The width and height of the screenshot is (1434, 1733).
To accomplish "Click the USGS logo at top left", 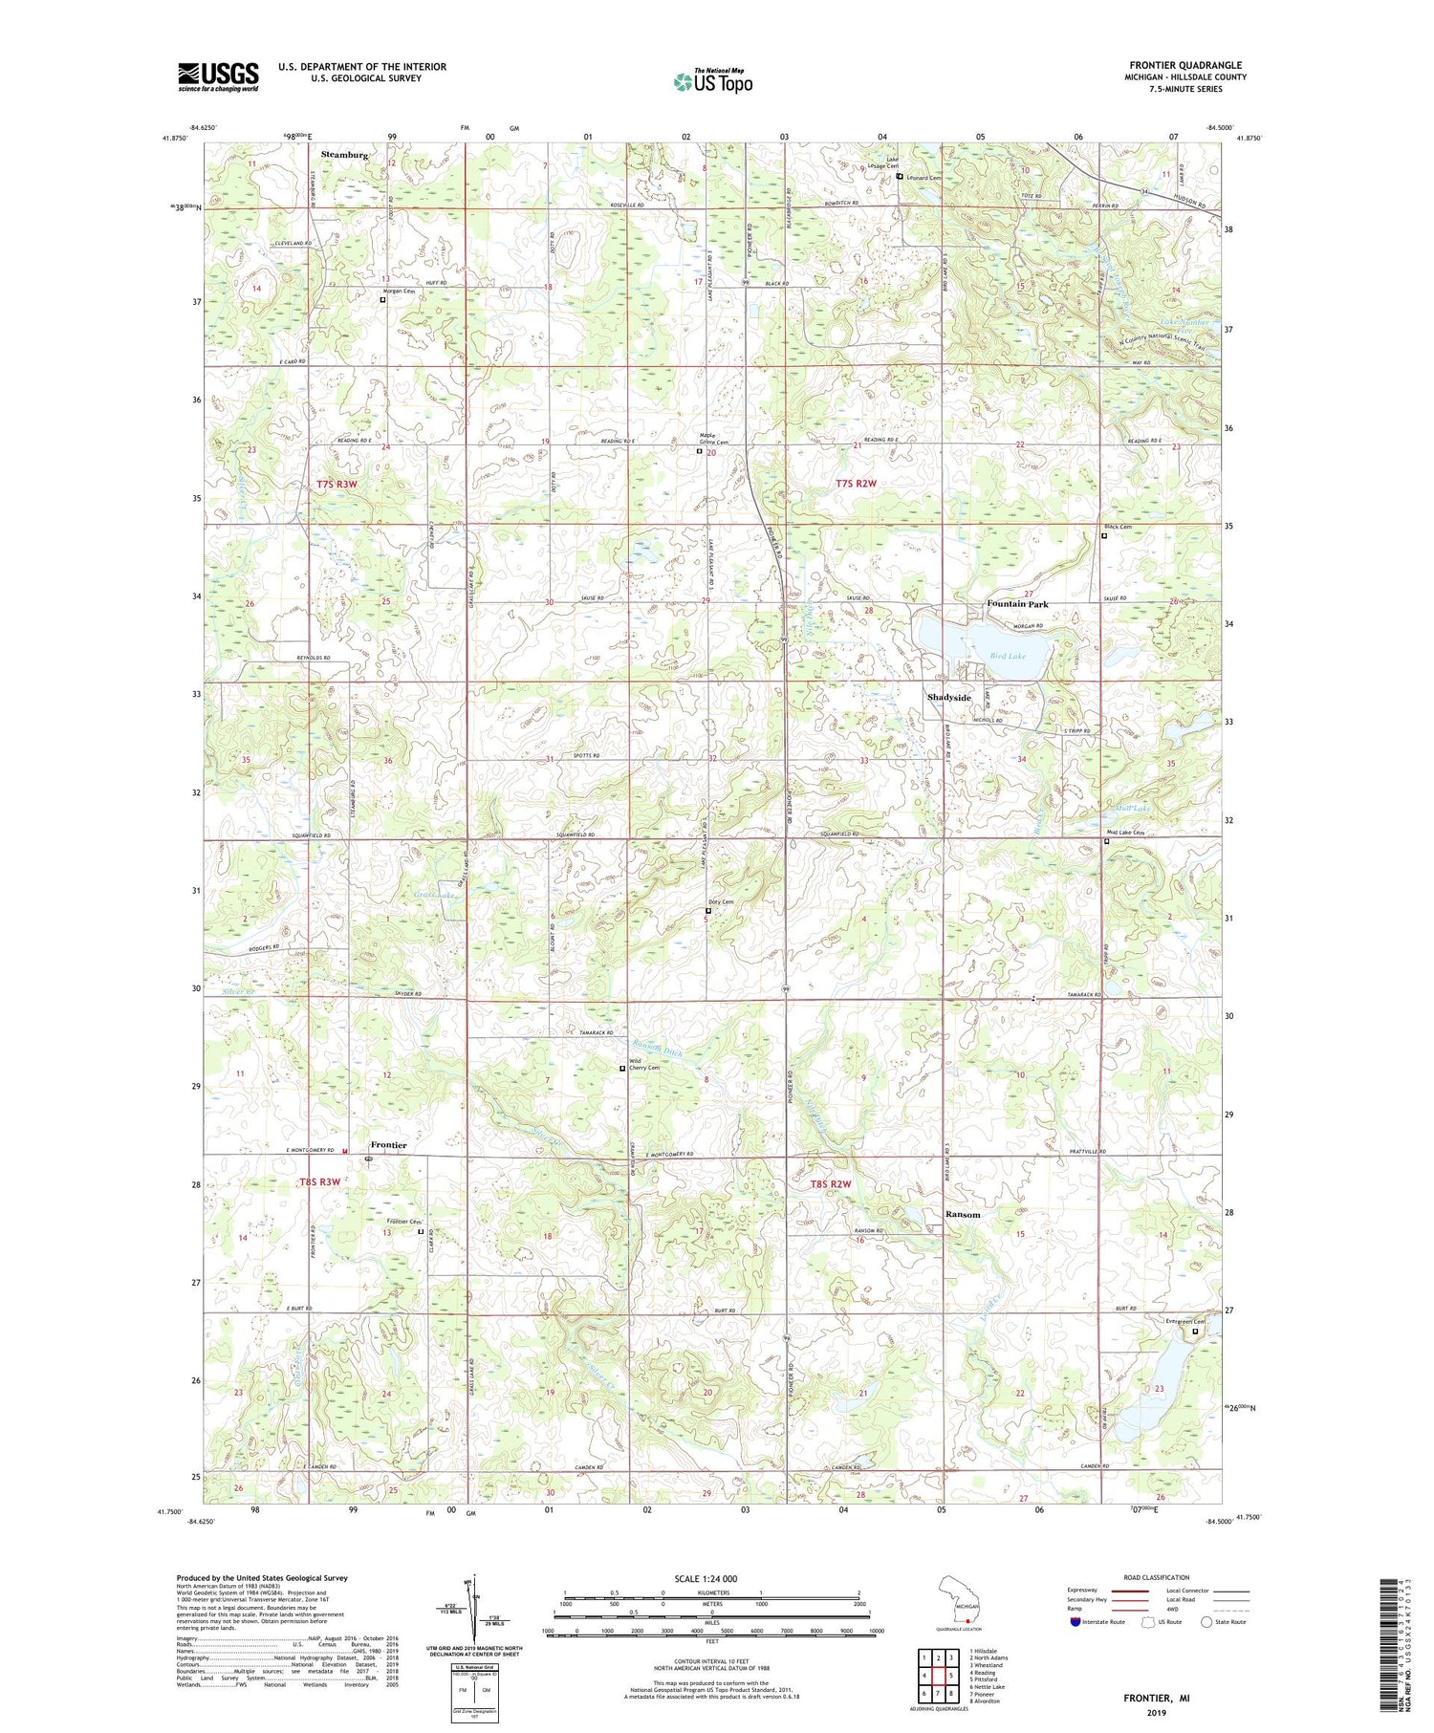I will click(218, 76).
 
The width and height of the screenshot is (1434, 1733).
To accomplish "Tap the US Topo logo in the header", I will click(712, 81).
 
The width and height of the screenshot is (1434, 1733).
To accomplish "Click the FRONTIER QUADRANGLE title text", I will click(1188, 66).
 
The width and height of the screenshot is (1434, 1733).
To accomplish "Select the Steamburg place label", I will click(344, 154).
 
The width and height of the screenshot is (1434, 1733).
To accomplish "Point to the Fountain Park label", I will click(1017, 604).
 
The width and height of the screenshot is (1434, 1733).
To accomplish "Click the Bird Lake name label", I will click(1008, 656).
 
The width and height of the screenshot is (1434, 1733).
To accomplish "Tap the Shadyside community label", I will click(948, 697).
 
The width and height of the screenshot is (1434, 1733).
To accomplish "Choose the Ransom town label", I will click(962, 1214).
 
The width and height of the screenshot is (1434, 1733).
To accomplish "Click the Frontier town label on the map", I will click(388, 1145).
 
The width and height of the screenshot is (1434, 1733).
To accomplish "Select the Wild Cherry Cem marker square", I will click(622, 1069).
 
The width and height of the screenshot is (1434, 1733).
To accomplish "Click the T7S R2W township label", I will click(856, 484).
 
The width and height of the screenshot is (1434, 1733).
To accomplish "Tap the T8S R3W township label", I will click(320, 1181).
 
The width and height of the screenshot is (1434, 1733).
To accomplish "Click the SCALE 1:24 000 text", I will click(705, 1578).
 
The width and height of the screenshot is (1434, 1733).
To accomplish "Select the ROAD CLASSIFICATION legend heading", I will click(1157, 1577).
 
